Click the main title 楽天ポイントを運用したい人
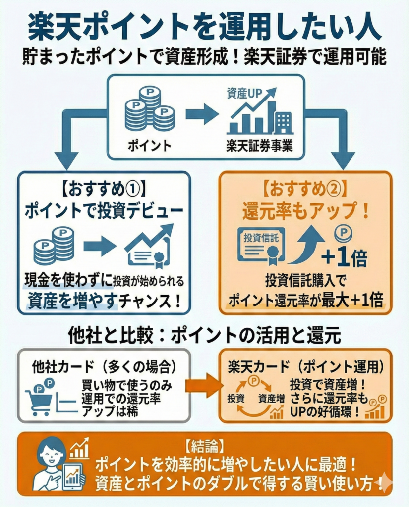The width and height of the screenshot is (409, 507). point(204,29)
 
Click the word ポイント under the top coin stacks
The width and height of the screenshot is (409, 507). point(149,146)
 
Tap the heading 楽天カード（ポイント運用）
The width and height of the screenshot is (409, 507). point(306,367)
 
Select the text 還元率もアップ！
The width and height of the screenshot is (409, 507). point(306,211)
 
